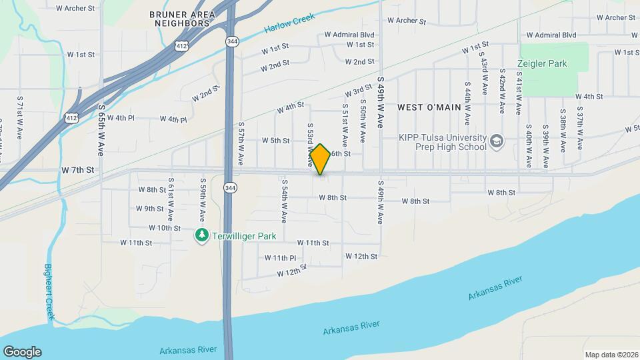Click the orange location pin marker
point(320,159)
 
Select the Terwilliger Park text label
point(243,236)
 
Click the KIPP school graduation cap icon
point(496,141)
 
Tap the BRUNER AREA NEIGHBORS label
point(182,19)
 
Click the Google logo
point(22,352)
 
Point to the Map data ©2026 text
point(611,355)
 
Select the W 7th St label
point(78,171)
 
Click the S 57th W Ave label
point(240,143)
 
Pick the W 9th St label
point(149,209)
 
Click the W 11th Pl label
point(280,258)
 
